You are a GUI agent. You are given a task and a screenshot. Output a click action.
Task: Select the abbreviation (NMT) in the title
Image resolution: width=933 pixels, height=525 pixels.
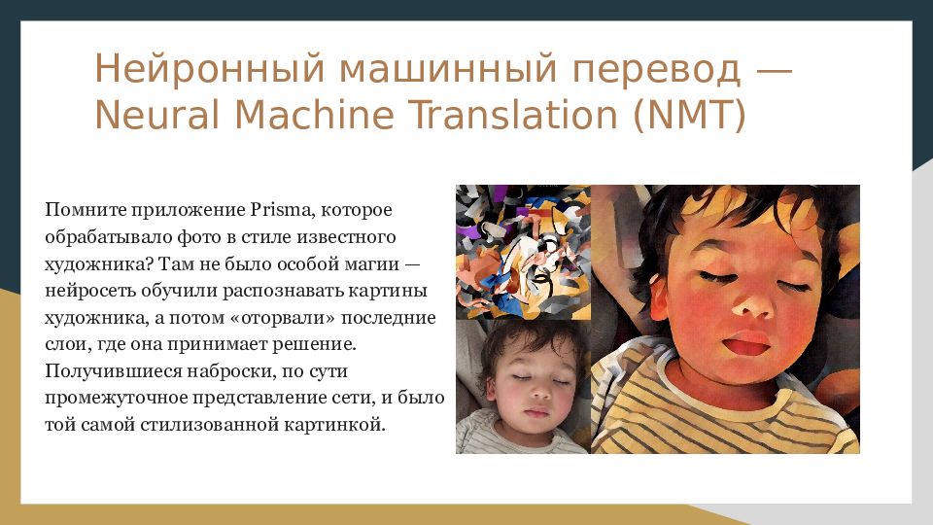(689, 115)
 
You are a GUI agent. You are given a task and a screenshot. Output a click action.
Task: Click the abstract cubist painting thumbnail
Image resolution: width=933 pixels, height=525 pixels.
(523, 252)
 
